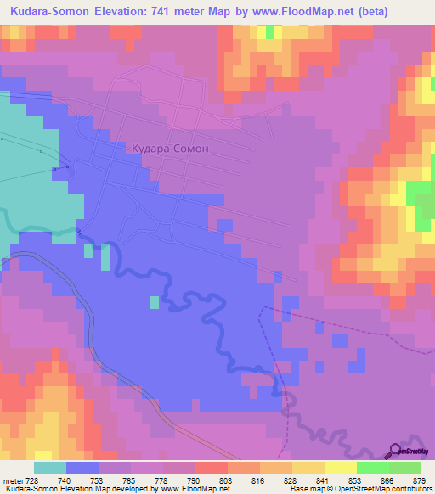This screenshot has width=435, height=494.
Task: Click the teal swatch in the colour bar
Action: click(x=50, y=469)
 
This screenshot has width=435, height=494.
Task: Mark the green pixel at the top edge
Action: click(x=271, y=31)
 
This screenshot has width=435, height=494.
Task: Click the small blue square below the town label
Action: click(x=223, y=224)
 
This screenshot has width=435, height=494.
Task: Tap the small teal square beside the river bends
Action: click(x=154, y=302)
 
